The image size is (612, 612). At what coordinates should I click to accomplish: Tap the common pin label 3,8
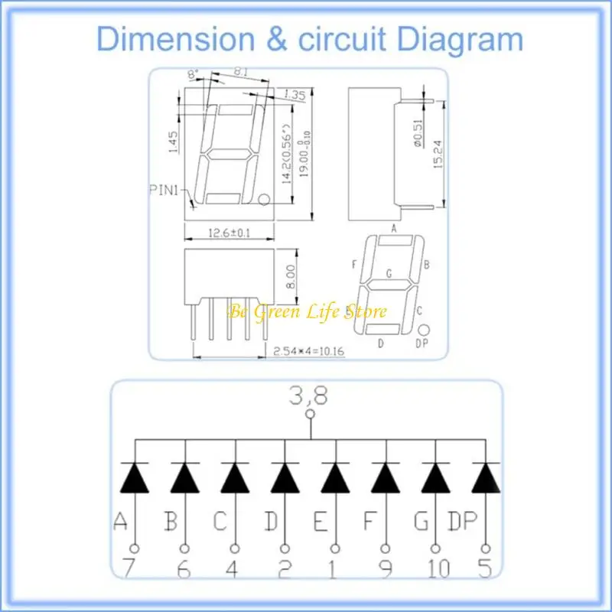tap(310, 396)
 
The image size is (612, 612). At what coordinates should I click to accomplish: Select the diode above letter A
tap(135, 478)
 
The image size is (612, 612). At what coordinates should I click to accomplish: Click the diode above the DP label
tap(486, 478)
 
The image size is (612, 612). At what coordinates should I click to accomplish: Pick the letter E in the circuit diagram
tap(321, 522)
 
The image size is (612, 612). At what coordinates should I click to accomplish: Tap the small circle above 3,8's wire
tap(310, 415)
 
